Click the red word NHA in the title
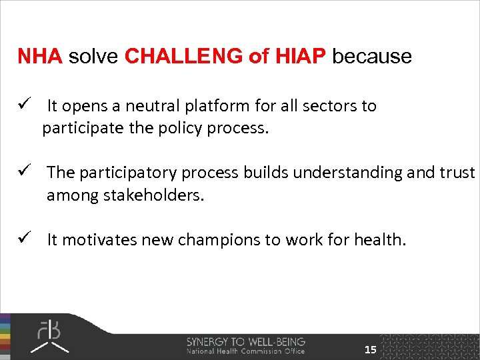[x=39, y=57]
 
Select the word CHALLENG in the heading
[x=184, y=57]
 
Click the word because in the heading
[x=372, y=57]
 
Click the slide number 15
[x=370, y=350]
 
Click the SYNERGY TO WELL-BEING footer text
[x=245, y=341]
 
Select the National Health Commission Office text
[x=245, y=351]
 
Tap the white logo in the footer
[x=51, y=337]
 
